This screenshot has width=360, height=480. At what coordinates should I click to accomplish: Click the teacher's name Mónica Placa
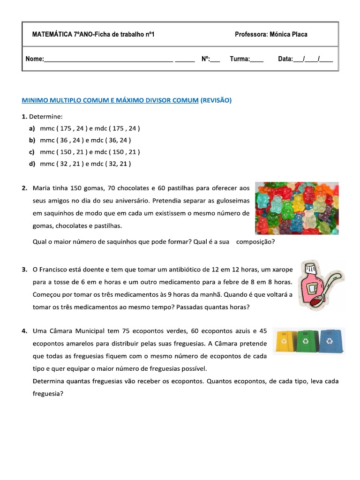tap(289, 34)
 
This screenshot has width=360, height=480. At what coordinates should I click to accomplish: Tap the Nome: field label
tap(34, 59)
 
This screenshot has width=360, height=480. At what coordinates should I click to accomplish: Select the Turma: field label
tap(240, 59)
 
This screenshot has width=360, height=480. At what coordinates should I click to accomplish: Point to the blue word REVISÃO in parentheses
tap(216, 100)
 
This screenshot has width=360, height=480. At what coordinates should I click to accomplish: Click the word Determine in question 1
tap(45, 116)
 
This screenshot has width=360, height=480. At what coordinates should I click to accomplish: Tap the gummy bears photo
tap(296, 208)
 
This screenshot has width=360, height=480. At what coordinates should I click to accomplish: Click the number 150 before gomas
tap(76, 188)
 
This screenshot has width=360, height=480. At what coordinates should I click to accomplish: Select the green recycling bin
tap(307, 342)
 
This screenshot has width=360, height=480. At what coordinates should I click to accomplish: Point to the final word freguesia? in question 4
tap(48, 394)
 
